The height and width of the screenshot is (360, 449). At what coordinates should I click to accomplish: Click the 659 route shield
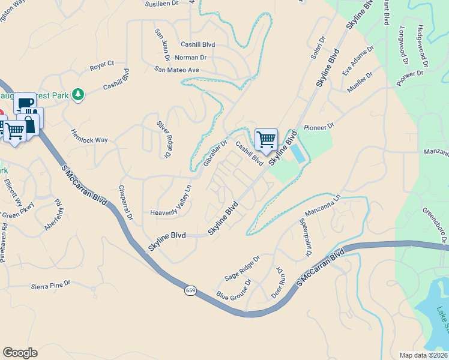[190, 290]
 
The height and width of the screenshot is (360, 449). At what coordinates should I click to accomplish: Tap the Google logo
[20, 353]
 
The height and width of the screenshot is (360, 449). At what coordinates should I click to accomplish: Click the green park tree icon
[77, 94]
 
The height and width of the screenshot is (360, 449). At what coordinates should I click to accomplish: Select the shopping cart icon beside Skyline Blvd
[266, 139]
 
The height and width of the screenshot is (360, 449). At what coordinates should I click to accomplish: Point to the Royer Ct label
[101, 64]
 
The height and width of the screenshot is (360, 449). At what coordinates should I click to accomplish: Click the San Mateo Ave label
[176, 70]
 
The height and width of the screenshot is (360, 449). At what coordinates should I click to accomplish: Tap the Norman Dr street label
[190, 58]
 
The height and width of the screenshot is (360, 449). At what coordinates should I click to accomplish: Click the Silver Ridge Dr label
[163, 139]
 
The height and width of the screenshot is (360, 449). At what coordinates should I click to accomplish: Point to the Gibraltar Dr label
[215, 154]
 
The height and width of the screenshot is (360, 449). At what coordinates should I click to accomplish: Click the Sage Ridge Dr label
[242, 268]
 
